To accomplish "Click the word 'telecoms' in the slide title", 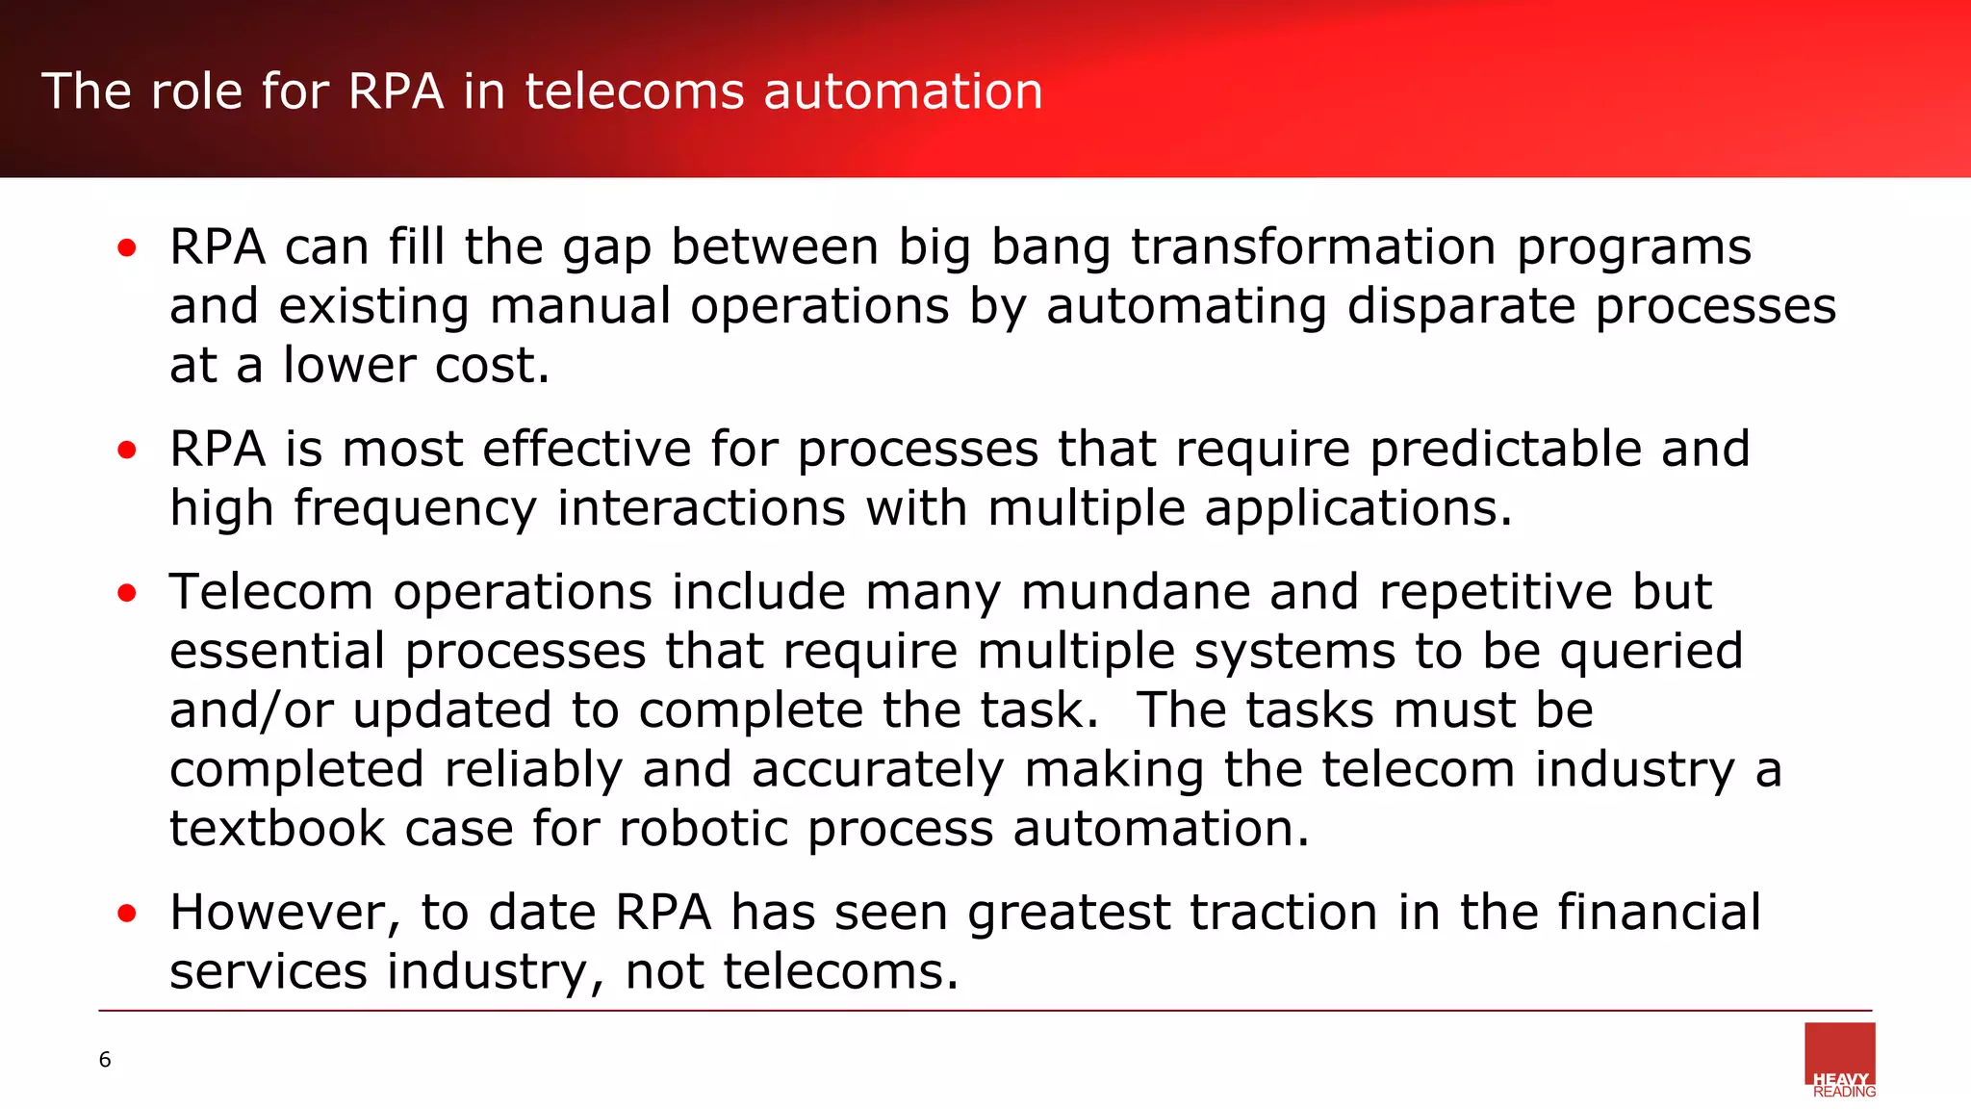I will click(x=634, y=92).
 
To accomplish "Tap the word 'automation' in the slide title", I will click(x=903, y=92).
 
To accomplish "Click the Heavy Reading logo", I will click(x=1840, y=1060).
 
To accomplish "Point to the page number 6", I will click(x=105, y=1060).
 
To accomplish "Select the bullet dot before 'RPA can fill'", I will click(x=127, y=249).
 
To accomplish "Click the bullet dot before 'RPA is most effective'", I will click(x=127, y=451).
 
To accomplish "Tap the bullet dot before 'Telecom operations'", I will click(x=127, y=594).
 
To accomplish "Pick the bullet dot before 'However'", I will click(x=127, y=914).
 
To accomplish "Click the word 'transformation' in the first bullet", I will click(x=1313, y=247).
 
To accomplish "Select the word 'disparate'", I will click(x=1461, y=307).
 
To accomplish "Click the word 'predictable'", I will click(x=1505, y=450).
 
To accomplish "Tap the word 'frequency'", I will click(x=416, y=509).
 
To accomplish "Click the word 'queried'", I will click(x=1651, y=653).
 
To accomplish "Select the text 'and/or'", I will click(x=252, y=711).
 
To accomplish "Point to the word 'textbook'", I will click(x=277, y=829).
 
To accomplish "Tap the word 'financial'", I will click(x=1659, y=913).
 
